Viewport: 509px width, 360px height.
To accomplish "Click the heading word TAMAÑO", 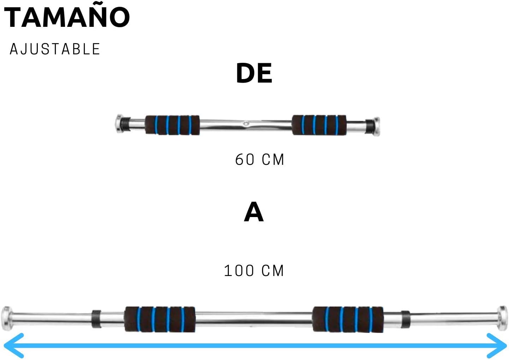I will [67, 18].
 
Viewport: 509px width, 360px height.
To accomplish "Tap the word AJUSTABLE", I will [55, 49].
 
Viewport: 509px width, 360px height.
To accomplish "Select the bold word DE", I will [254, 73].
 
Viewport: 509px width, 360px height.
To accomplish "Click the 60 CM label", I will [260, 160].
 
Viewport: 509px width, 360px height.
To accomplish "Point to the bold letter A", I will [254, 212].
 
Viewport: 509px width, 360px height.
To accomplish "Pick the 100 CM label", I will [254, 271].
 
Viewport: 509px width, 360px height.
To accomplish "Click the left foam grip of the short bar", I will [172, 125].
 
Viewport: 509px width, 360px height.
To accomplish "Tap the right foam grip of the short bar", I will [319, 125].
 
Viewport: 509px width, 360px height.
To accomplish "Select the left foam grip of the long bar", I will [160, 319].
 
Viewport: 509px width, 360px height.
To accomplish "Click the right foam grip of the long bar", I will [348, 319].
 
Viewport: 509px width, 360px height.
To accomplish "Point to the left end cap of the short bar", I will [120, 124].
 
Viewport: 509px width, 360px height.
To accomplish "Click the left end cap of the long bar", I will [6, 317].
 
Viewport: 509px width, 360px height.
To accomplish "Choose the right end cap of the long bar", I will [502, 317].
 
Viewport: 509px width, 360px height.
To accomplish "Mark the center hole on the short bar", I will [246, 124].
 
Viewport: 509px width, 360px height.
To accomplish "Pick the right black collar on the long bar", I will [405, 319].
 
